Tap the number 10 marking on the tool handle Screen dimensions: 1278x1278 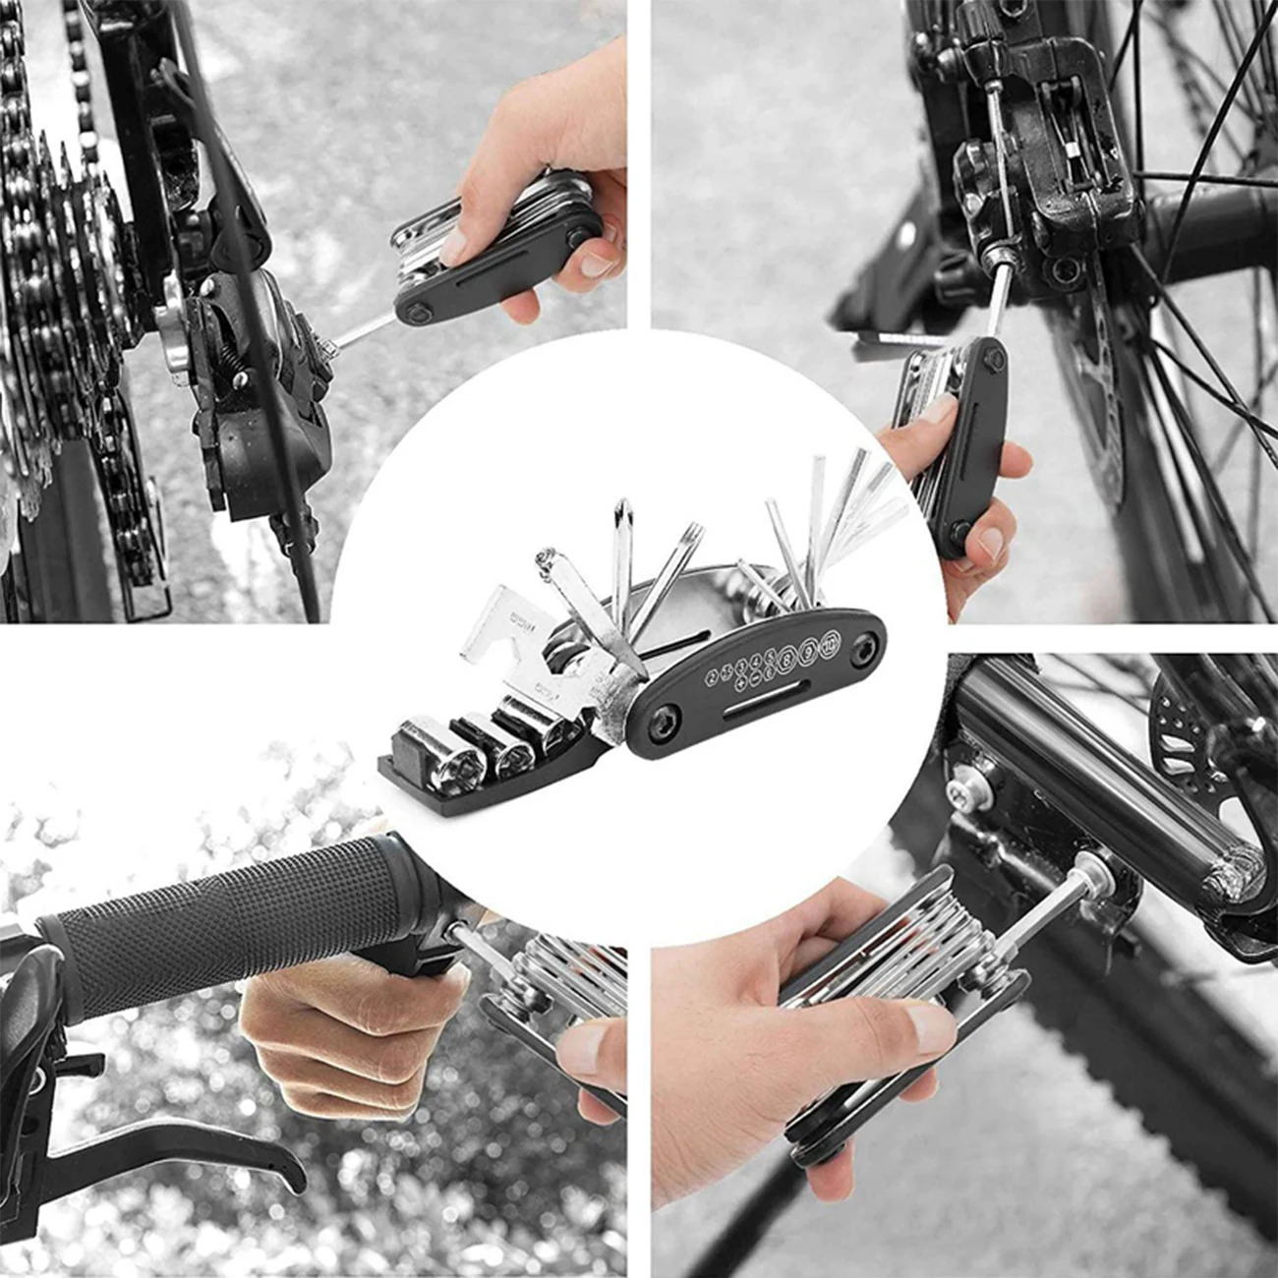[830, 642]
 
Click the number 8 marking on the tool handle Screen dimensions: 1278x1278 [786, 661]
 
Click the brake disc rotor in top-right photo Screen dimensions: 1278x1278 [1106, 393]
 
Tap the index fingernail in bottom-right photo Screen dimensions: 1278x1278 [928, 1028]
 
